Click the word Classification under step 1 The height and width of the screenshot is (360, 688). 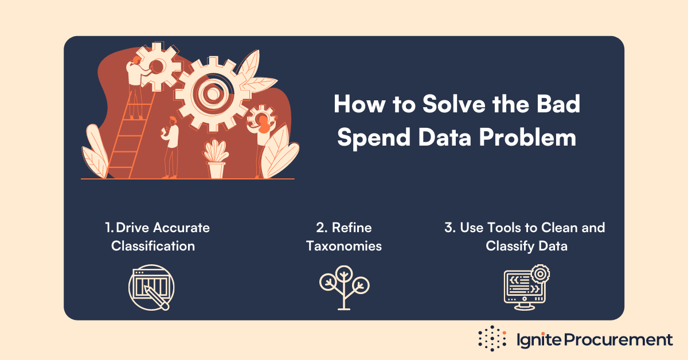[x=153, y=246]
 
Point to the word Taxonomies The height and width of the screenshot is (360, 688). [x=344, y=246]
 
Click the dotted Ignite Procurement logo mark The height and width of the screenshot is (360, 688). [x=492, y=339]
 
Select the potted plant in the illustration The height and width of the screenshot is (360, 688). [x=216, y=159]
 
